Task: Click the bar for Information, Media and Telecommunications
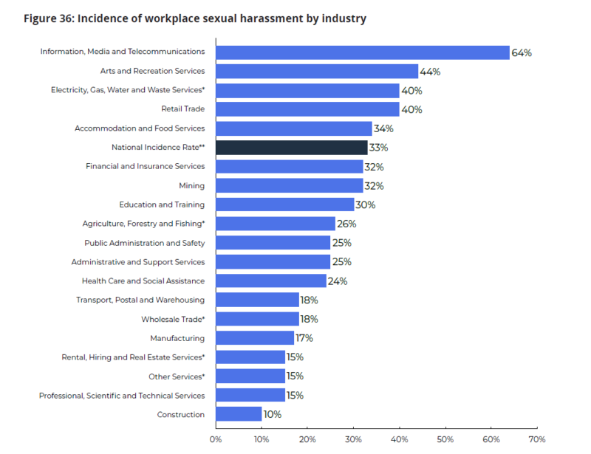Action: [x=362, y=52]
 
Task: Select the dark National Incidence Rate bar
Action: [x=291, y=148]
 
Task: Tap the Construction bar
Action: [x=239, y=414]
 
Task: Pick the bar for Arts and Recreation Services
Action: [x=317, y=72]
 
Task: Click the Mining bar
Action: [x=289, y=185]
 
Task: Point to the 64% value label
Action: [x=522, y=52]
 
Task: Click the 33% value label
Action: [x=378, y=148]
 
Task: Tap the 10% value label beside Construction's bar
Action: [x=272, y=414]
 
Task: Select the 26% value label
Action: [x=346, y=224]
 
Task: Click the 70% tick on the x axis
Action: [x=537, y=439]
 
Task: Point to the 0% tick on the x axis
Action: [x=216, y=439]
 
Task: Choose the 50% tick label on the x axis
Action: [x=445, y=439]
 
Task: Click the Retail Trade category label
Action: [x=182, y=109]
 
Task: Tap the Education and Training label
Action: [x=162, y=204]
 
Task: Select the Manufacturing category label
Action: [x=177, y=338]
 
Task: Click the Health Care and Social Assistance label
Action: [x=143, y=281]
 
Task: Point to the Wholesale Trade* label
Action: [x=173, y=319]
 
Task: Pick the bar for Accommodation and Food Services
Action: [x=293, y=128]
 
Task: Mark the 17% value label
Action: [x=304, y=338]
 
